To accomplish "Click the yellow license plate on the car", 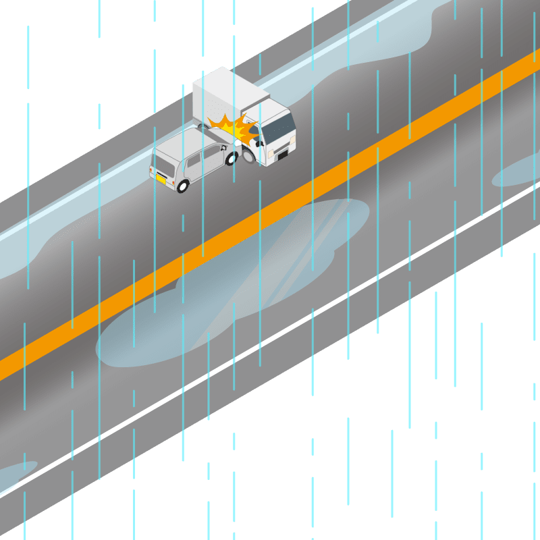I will pyautogui.click(x=161, y=179).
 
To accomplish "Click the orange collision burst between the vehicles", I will pyautogui.click(x=233, y=128).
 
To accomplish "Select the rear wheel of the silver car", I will pyautogui.click(x=182, y=186).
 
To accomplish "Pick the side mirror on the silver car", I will pyautogui.click(x=222, y=146).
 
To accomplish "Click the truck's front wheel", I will pyautogui.click(x=248, y=157).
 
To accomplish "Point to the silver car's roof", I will pyautogui.click(x=186, y=142).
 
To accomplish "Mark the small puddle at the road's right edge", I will pyautogui.click(x=516, y=172).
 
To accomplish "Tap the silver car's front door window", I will pyautogui.click(x=212, y=154).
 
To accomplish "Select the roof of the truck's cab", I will pyautogui.click(x=267, y=108).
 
